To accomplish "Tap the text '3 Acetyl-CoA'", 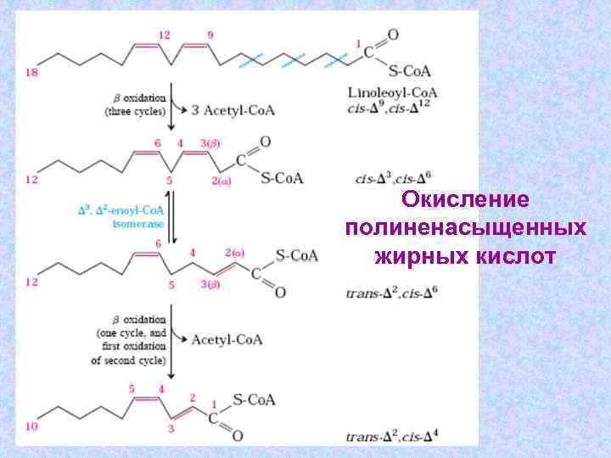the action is pos(233,110).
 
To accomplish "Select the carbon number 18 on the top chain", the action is pos(31,73).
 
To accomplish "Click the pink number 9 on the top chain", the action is pos(210,34).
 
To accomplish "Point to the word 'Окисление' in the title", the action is pos(465,200).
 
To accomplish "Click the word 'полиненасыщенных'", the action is pos(465,228).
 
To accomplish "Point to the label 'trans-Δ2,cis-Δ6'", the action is pos(393,293).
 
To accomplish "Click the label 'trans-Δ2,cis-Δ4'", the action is pos(393,437).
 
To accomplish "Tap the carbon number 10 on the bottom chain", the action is pos(31,427).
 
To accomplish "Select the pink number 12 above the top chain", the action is pos(164,34).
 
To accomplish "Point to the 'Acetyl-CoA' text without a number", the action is pos(227,340).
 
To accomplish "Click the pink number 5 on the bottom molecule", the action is pos(132,388).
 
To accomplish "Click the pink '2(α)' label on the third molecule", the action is pos(234,252).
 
